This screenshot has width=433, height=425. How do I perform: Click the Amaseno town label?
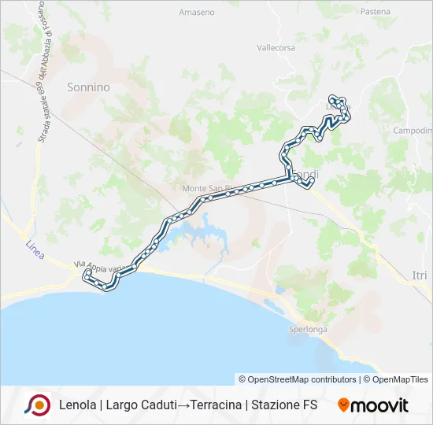point(196,13)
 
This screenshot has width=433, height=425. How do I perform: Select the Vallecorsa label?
point(275,47)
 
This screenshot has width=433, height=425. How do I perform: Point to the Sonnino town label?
point(88,87)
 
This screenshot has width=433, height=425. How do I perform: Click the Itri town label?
point(420,273)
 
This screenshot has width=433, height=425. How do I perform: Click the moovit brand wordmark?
point(380,405)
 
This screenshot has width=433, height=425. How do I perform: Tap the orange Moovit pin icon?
point(343,405)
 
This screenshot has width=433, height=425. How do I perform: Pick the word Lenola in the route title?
point(76,405)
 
